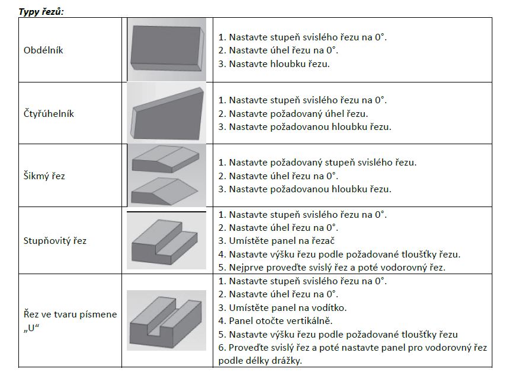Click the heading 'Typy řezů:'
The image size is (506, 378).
(x=41, y=12)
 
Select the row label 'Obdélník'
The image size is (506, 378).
(x=43, y=50)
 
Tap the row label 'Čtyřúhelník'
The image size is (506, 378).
(x=49, y=113)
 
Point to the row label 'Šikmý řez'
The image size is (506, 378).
(x=44, y=176)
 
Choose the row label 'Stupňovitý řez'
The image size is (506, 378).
(x=55, y=241)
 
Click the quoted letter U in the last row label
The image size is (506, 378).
(x=31, y=328)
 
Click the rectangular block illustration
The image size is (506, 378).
(x=167, y=49)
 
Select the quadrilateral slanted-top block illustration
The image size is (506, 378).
(x=167, y=114)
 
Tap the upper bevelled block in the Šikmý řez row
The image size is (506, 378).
(x=165, y=159)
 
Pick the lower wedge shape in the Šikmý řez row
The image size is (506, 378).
(x=164, y=191)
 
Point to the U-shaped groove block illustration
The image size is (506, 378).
(x=165, y=320)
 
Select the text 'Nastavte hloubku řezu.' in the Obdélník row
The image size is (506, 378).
(x=279, y=64)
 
